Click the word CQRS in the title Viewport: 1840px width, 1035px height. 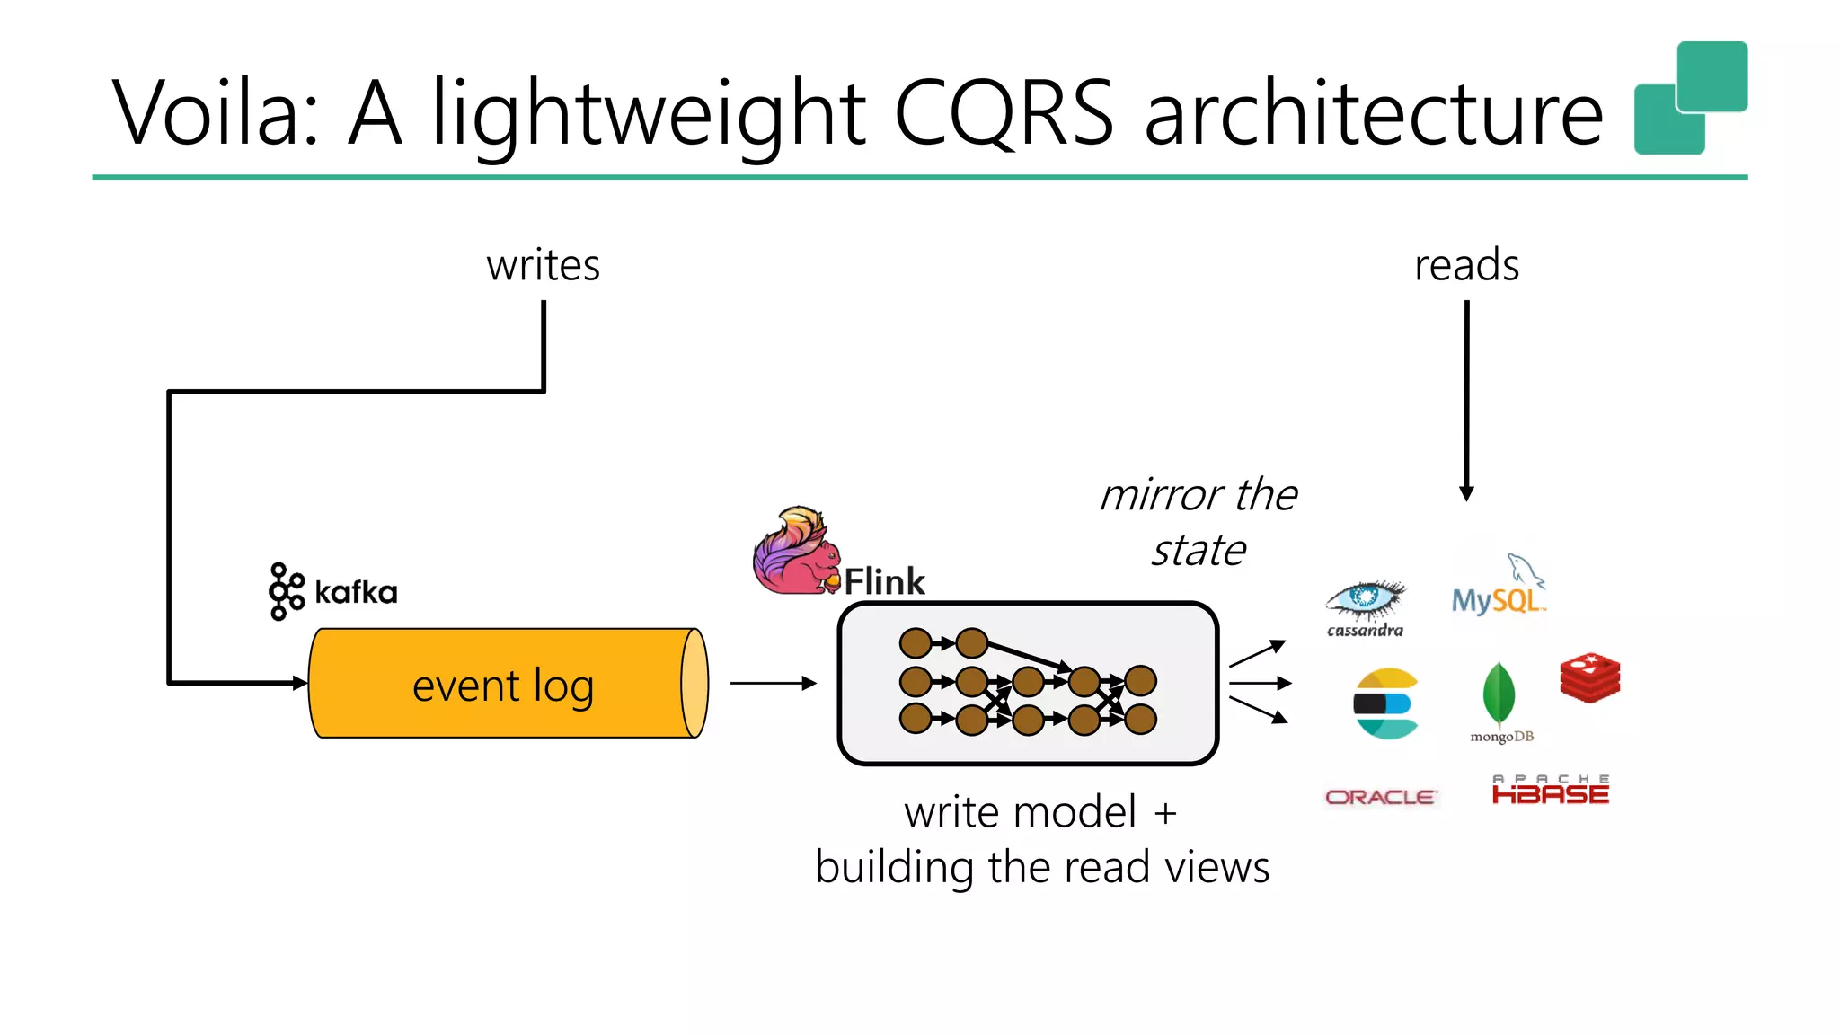click(1004, 112)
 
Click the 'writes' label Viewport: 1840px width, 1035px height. click(543, 265)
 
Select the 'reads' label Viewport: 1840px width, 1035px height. click(1466, 265)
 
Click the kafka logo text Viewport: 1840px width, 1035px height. click(355, 592)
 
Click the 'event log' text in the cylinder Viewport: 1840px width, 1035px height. click(503, 686)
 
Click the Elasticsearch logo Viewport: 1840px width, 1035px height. click(1386, 703)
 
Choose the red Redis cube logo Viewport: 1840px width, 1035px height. click(1590, 677)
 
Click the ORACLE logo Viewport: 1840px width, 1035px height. click(1381, 797)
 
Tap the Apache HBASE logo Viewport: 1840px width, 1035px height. click(1550, 790)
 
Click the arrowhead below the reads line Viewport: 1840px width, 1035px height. click(1466, 493)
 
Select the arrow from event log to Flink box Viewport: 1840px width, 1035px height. click(773, 684)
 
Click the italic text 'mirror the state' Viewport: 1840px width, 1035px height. click(1199, 522)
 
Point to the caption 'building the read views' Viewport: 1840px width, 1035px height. click(1042, 867)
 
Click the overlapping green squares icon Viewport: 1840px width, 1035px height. click(1689, 97)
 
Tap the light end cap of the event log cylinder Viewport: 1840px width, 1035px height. click(694, 683)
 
